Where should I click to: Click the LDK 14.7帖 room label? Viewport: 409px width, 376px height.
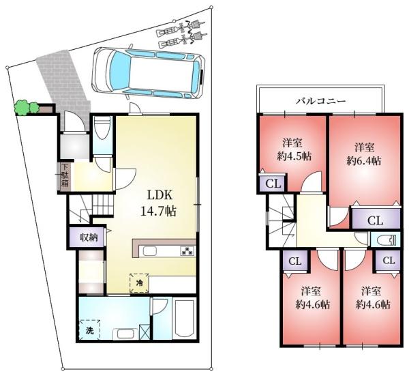(x=158, y=203)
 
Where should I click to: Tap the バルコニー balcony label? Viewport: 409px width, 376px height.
(x=320, y=101)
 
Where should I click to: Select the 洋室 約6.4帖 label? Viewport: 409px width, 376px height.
(x=364, y=154)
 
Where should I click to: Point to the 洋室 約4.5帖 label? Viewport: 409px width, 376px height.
(x=294, y=149)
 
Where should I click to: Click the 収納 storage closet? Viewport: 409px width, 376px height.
(x=88, y=237)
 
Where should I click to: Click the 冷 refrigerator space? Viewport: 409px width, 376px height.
(x=140, y=283)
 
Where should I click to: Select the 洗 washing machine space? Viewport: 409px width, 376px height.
(x=89, y=330)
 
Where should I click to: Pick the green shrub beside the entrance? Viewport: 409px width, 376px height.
(x=27, y=107)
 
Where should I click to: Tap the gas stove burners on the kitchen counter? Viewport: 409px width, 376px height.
(x=188, y=250)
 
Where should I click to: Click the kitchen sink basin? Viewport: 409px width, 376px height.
(x=150, y=252)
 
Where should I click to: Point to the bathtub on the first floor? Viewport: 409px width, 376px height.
(x=185, y=319)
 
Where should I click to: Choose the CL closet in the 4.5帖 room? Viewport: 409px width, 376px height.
(x=273, y=184)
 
